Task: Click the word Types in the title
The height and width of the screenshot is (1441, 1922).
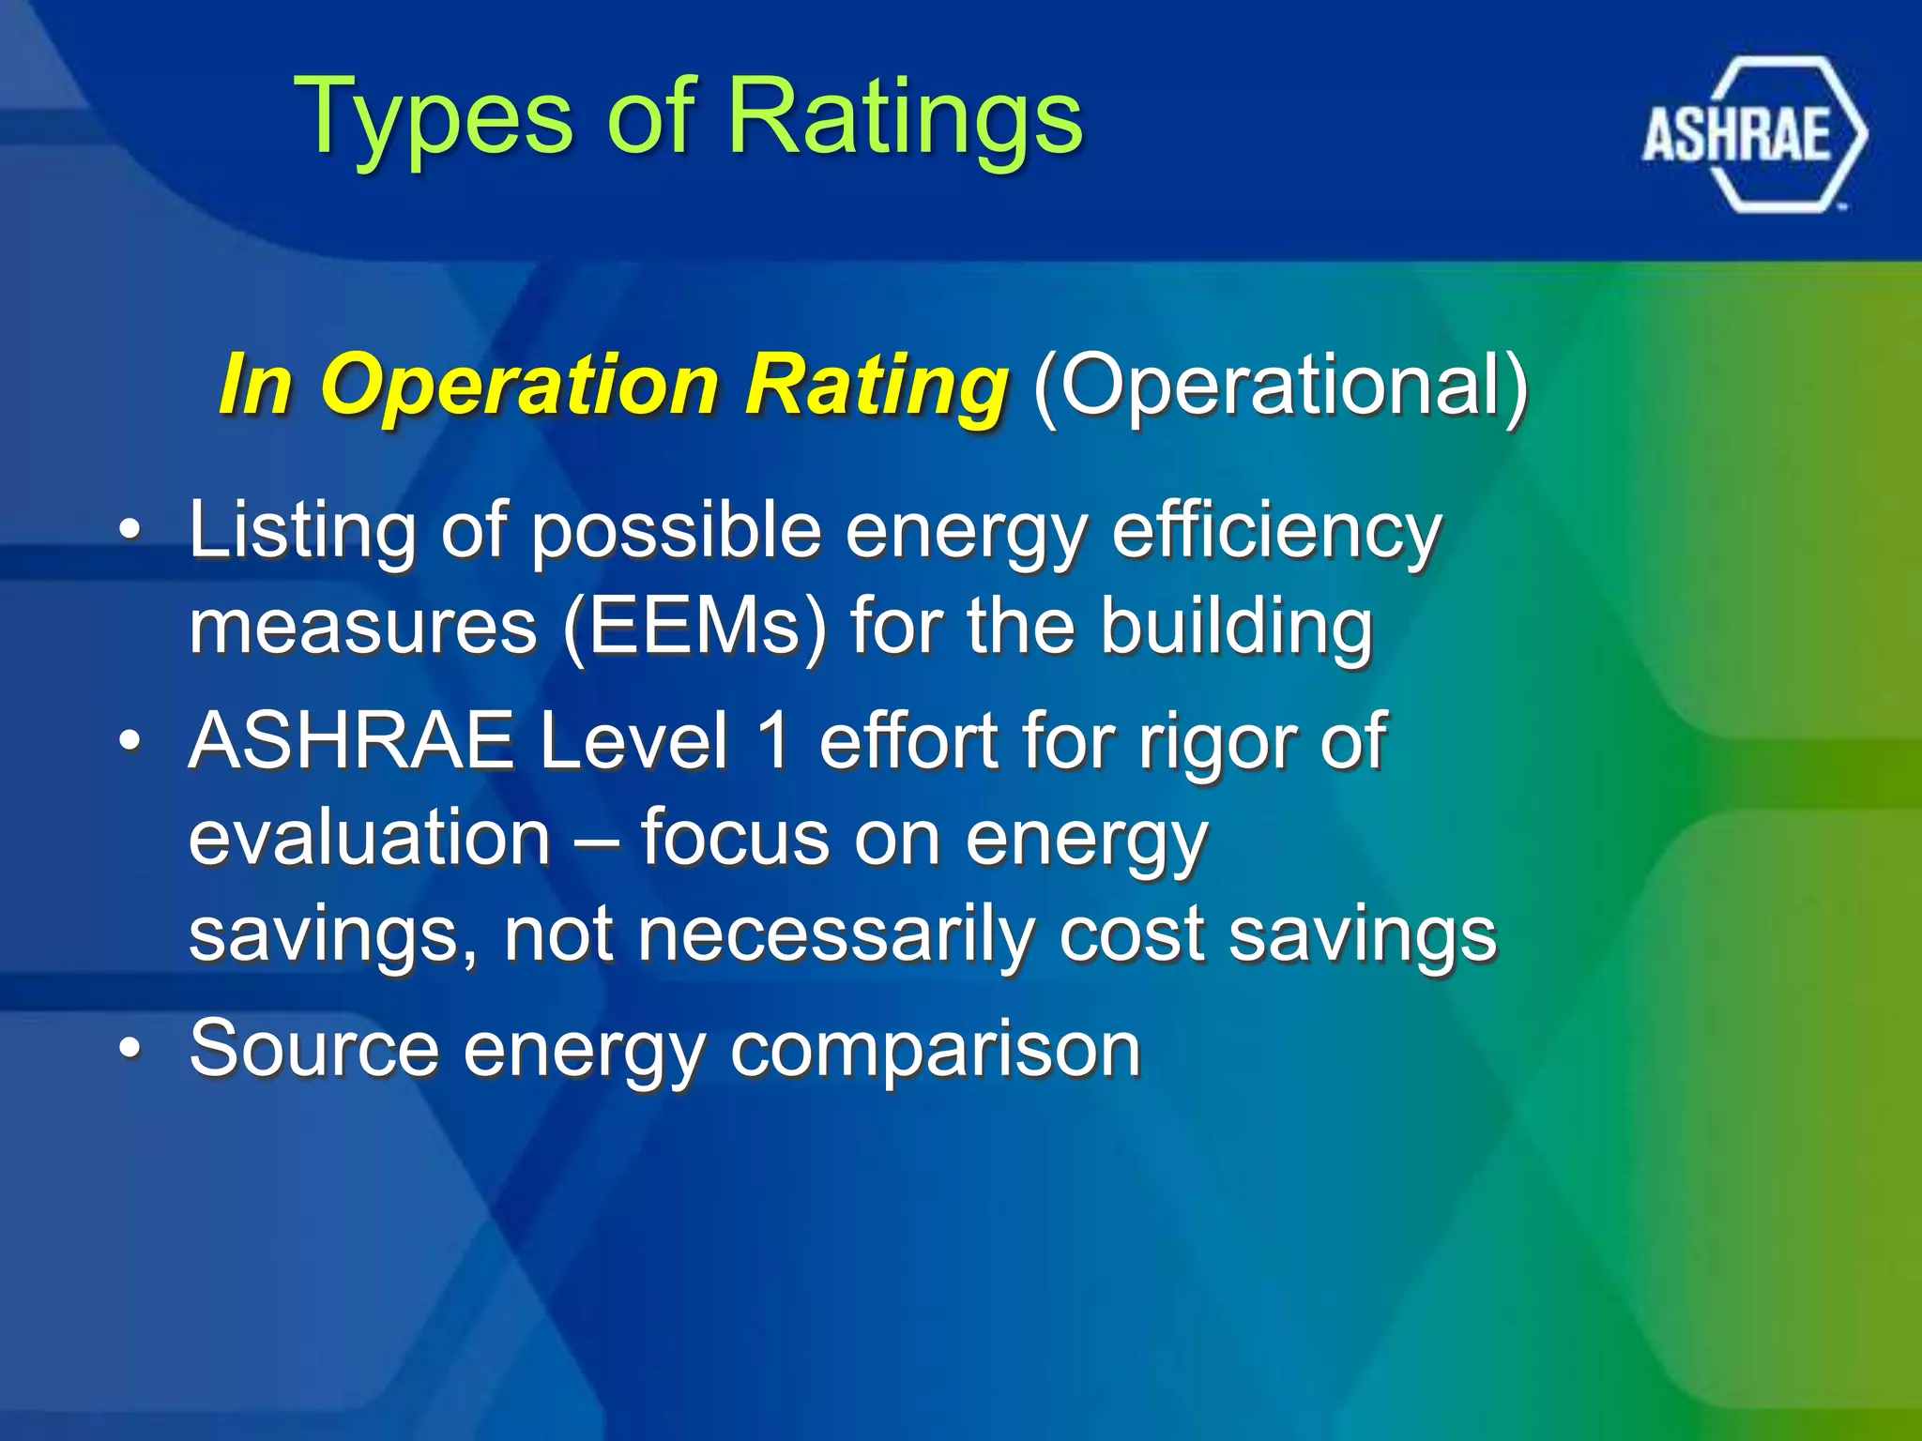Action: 432,117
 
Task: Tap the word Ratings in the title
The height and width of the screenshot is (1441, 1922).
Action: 905,117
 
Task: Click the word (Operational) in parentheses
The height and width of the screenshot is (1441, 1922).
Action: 1280,385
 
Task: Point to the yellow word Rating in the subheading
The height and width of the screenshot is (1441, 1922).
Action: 877,385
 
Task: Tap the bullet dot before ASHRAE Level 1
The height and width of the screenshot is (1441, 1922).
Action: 131,742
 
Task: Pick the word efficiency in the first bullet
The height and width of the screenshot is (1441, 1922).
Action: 1276,530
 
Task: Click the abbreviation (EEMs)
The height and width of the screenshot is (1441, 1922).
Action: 694,627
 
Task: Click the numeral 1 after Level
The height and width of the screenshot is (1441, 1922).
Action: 774,741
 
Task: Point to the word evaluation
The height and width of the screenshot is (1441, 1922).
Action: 370,837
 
